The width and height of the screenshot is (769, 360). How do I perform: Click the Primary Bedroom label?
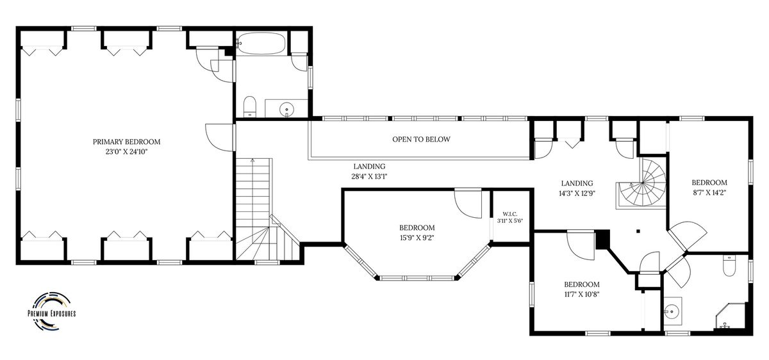point(126,142)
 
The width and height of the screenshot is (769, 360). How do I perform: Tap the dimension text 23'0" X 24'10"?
point(126,152)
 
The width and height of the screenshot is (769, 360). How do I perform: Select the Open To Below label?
point(421,140)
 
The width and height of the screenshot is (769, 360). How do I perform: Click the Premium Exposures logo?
point(51,312)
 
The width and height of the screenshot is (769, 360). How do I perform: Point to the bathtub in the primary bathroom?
point(261,44)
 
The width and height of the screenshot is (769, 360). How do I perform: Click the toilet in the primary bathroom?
point(249,106)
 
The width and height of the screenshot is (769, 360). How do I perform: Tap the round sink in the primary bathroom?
point(286,110)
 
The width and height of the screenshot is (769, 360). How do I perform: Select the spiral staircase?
point(641,184)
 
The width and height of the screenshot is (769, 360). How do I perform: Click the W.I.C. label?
point(510,214)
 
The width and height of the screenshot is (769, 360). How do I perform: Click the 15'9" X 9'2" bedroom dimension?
point(417,238)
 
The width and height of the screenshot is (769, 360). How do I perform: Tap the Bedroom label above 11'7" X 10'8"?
point(582,284)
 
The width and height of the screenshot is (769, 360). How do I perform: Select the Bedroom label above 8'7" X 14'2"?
point(709,183)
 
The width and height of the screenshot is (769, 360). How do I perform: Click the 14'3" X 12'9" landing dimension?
point(577,193)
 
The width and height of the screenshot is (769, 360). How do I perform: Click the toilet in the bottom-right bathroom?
point(729,266)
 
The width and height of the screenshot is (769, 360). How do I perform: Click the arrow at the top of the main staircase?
point(252,160)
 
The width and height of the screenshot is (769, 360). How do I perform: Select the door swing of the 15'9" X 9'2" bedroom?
point(468,203)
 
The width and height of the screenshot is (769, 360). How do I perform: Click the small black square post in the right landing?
point(638,231)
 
